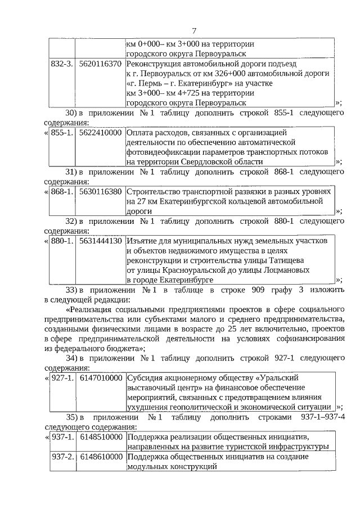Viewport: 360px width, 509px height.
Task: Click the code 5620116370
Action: pos(101,64)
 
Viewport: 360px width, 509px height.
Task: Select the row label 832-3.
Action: pos(62,64)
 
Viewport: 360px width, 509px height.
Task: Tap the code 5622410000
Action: pos(101,133)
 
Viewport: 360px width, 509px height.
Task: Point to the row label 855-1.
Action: pos(62,133)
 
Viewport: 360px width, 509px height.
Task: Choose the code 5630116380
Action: pos(101,192)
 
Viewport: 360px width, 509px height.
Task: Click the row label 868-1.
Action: pos(62,192)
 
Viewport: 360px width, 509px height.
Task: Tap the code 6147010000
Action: pos(101,377)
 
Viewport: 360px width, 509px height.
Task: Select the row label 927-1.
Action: pos(62,377)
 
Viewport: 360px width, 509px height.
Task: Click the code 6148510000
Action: pos(101,436)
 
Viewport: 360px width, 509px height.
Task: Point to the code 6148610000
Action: pos(101,457)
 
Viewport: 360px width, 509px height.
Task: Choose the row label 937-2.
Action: pos(62,457)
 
